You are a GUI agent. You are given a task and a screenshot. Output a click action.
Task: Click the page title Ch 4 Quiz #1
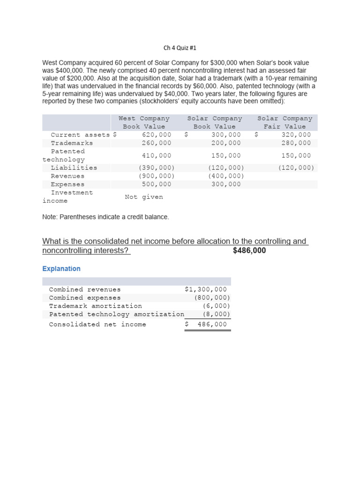180,48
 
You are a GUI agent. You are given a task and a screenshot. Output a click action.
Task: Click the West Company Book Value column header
144,122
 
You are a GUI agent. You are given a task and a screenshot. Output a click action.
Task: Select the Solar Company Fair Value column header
285,122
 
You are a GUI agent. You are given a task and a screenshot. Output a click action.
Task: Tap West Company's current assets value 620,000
157,135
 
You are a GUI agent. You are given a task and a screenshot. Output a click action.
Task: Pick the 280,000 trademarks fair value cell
296,143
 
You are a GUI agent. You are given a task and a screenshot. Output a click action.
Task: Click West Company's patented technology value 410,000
157,156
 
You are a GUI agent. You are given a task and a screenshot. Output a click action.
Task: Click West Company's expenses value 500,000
157,184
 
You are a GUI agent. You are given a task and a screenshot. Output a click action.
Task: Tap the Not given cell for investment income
144,197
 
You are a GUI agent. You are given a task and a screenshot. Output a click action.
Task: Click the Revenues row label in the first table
67,176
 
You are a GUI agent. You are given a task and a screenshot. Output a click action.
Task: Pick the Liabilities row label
74,168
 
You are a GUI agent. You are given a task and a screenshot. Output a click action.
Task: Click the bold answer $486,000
249,251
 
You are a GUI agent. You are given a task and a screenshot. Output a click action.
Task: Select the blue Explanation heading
61,269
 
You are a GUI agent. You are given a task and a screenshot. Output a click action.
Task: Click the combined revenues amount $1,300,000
206,290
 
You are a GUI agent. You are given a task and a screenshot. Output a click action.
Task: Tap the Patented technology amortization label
116,315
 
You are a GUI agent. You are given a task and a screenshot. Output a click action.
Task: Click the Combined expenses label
85,298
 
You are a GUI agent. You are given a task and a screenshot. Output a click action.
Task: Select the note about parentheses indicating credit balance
105,217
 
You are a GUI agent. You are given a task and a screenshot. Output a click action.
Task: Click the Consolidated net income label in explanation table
97,324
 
